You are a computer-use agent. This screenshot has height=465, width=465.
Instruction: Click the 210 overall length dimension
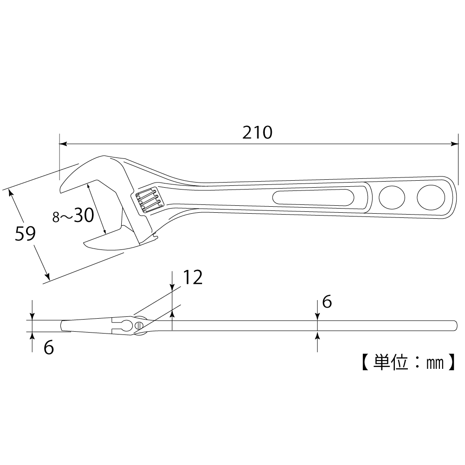point(257,132)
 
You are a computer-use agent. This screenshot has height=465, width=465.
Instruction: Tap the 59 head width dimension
point(25,233)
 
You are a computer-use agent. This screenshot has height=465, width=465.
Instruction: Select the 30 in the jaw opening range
point(84,215)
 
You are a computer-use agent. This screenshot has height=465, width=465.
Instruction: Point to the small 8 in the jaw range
point(56,217)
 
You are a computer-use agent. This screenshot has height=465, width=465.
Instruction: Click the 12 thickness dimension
point(192,278)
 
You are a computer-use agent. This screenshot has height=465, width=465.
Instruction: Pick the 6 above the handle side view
point(327,302)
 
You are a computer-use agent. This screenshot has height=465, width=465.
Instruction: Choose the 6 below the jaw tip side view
point(49,347)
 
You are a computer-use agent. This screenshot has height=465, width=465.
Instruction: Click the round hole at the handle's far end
point(431,197)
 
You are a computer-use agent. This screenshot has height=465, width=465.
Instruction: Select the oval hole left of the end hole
point(392,197)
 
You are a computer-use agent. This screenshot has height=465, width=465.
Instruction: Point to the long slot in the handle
point(314,197)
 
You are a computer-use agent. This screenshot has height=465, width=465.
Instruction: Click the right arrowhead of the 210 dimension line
point(455,144)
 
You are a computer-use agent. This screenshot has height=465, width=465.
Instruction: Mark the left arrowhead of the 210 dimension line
point(64,144)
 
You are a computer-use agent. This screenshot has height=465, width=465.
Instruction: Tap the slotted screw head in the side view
point(138,325)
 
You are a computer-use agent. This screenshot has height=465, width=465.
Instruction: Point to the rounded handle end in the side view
point(455,326)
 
